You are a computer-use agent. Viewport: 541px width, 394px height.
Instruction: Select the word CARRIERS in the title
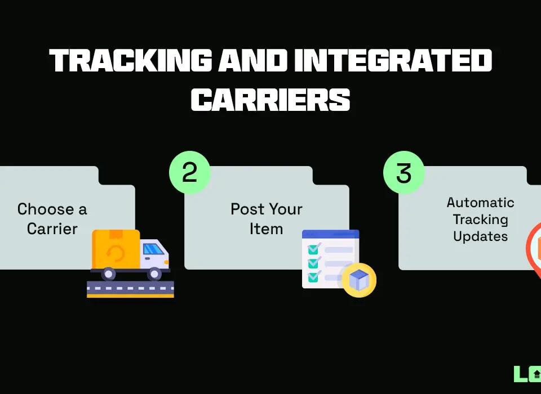270,99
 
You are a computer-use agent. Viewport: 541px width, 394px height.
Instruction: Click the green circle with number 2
190,172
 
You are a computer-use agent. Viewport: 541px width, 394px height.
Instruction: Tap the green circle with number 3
403,172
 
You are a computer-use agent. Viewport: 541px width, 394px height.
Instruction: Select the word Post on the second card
245,210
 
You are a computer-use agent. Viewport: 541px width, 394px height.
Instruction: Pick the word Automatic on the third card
480,203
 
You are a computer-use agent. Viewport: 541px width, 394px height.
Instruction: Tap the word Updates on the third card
480,236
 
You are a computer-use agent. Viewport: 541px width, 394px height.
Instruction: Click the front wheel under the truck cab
154,274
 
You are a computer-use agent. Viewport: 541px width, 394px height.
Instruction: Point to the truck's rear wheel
108,274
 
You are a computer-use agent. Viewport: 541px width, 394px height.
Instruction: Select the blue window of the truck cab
153,248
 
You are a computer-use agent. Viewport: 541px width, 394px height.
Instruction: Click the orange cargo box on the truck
116,248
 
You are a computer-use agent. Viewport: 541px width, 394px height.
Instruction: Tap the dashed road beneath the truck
130,289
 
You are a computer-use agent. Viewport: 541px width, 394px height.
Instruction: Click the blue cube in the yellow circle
359,280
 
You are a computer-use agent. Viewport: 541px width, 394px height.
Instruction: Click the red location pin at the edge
534,248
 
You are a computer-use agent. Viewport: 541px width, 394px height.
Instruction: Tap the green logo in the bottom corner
527,374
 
